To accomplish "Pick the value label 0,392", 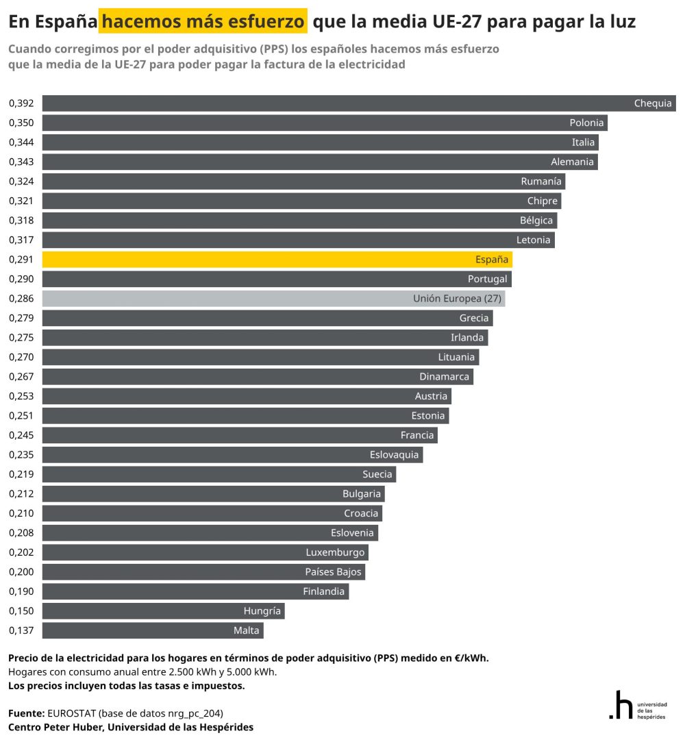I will click(x=21, y=103).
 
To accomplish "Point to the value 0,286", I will click(x=21, y=299).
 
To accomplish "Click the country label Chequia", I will click(x=653, y=103).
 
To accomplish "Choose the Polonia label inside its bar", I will click(x=586, y=123).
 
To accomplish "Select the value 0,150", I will click(x=21, y=610).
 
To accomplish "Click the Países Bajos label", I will click(x=333, y=571).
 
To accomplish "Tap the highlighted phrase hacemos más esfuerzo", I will click(x=203, y=22).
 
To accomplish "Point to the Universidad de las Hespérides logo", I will click(x=637, y=706).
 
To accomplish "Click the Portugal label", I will click(x=487, y=279).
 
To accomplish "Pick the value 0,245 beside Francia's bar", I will click(x=21, y=435).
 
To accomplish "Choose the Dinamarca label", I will click(x=444, y=376).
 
